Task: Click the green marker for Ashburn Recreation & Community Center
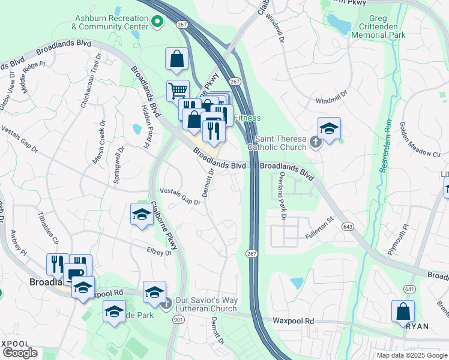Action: click(158, 23)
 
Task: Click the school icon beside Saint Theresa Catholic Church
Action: click(329, 128)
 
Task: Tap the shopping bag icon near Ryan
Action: click(403, 311)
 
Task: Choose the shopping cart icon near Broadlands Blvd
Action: click(177, 92)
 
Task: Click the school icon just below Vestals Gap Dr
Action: click(141, 215)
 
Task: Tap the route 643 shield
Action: click(348, 226)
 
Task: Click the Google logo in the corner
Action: click(19, 353)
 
